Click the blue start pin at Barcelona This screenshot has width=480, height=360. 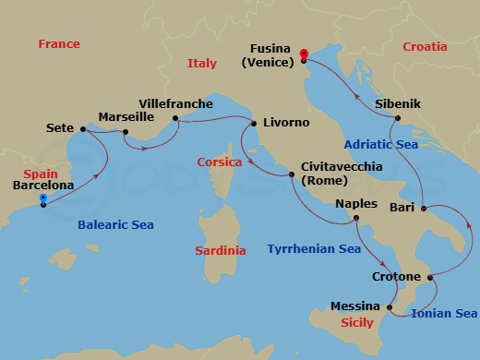tap(43, 198)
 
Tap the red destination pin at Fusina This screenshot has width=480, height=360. tap(304, 54)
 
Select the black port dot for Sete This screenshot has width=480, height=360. tap(83, 129)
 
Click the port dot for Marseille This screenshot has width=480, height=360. tap(126, 131)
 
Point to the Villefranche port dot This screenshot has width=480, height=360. tap(174, 118)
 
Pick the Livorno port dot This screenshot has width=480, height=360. tap(255, 122)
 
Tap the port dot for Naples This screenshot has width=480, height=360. tap(355, 219)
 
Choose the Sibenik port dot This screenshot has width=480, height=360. tap(397, 118)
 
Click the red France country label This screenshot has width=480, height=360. tap(59, 44)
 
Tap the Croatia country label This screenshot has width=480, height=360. tap(425, 46)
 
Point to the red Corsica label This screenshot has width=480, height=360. tap(220, 162)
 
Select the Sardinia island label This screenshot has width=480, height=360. tap(222, 250)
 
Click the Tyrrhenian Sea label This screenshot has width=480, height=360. tap(313, 248)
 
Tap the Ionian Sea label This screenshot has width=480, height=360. tap(445, 313)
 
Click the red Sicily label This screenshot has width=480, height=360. tap(356, 323)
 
